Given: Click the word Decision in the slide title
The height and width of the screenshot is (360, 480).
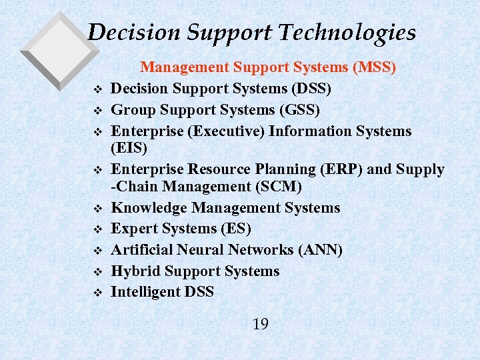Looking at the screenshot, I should click(x=127, y=32).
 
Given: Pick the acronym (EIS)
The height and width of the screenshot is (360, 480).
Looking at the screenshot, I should click(x=128, y=147).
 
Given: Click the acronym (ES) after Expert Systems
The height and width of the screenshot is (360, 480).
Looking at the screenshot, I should click(x=235, y=229).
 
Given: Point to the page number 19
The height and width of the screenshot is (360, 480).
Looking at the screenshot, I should click(x=261, y=325).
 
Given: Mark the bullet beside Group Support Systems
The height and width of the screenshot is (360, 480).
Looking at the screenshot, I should click(x=98, y=110).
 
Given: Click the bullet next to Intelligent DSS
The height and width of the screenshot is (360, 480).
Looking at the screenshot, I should click(x=98, y=293).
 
